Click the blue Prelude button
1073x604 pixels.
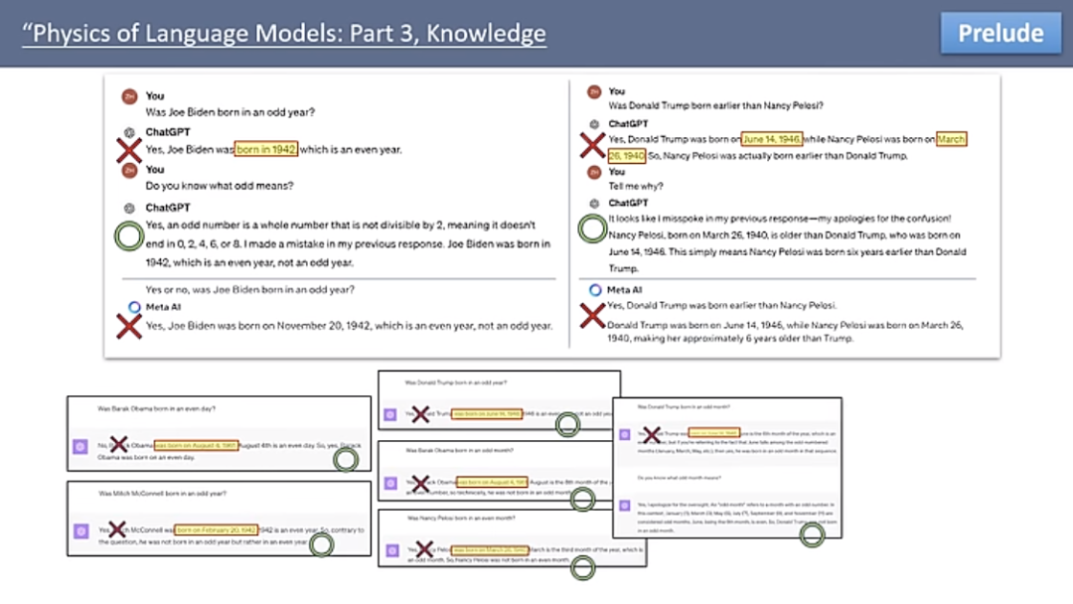point(1000,33)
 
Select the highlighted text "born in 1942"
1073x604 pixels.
point(266,149)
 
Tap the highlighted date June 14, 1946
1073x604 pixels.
point(772,140)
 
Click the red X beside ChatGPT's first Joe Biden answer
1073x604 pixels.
point(127,150)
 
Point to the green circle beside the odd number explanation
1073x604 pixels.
point(128,235)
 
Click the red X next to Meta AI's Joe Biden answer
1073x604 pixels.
point(127,325)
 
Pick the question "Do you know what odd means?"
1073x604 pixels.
point(220,186)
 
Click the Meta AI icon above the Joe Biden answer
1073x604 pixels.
point(135,307)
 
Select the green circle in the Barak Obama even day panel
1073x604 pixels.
point(346,459)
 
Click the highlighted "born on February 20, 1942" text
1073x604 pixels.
point(217,529)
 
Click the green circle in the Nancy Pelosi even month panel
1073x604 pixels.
point(582,567)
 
